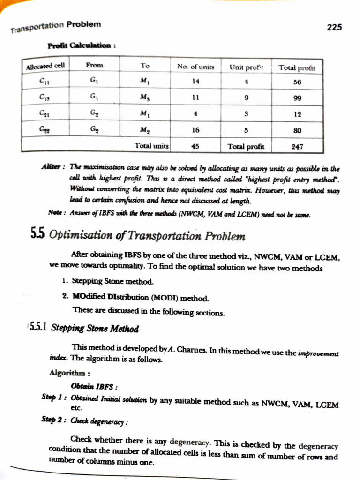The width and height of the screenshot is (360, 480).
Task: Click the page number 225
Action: pyautogui.click(x=334, y=28)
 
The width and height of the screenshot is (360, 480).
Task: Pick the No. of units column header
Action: pyautogui.click(x=195, y=67)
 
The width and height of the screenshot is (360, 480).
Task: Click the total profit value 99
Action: pyautogui.click(x=297, y=98)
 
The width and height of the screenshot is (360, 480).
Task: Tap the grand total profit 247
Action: pyautogui.click(x=297, y=146)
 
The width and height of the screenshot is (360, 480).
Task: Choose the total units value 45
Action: pyautogui.click(x=196, y=146)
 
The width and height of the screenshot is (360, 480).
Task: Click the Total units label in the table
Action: pyautogui.click(x=151, y=146)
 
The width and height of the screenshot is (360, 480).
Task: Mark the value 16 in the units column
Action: pyautogui.click(x=196, y=130)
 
